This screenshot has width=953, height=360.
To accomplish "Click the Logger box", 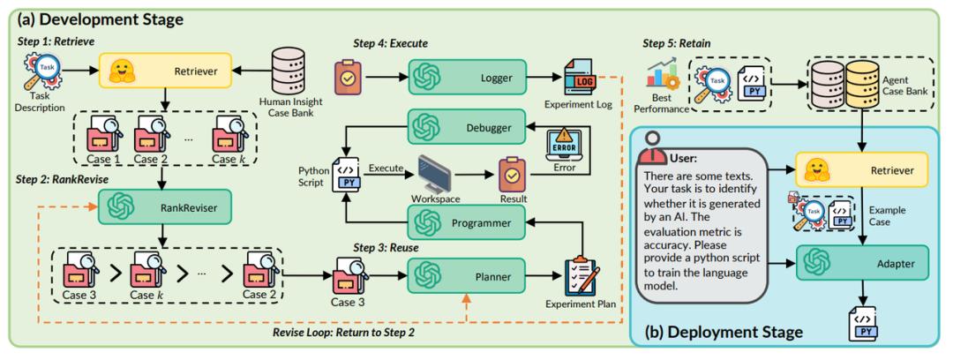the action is pyautogui.click(x=466, y=77).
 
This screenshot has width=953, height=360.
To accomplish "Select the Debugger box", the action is pyautogui.click(x=466, y=126).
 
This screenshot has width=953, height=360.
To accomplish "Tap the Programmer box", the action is pyautogui.click(x=466, y=222).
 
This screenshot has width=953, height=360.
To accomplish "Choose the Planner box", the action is pyautogui.click(x=466, y=277).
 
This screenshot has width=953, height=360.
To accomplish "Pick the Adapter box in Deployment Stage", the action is pyautogui.click(x=860, y=263).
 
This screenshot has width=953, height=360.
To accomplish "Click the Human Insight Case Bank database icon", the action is pyautogui.click(x=289, y=70).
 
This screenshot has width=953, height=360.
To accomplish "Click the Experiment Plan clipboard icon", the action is pyautogui.click(x=582, y=278).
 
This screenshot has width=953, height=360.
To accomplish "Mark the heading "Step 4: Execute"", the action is pyautogui.click(x=391, y=44).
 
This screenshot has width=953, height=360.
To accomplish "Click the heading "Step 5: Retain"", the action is pyautogui.click(x=677, y=44).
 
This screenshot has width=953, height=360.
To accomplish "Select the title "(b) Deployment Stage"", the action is pyautogui.click(x=724, y=332).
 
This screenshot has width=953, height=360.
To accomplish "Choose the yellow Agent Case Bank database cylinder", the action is pyautogui.click(x=862, y=85).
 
